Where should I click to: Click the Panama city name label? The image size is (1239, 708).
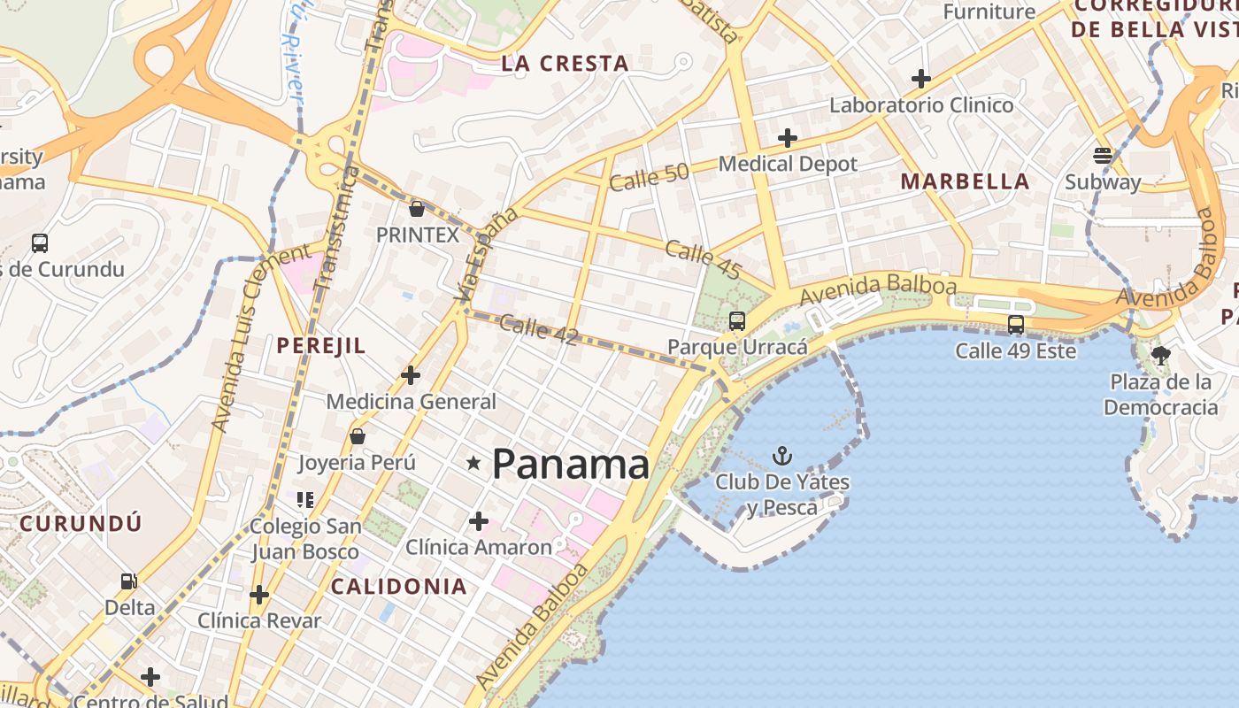tap(571, 464)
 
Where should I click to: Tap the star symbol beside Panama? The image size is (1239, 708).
tap(473, 462)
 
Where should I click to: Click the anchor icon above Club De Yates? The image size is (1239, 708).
tap(782, 456)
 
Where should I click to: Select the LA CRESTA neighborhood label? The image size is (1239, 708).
tap(565, 64)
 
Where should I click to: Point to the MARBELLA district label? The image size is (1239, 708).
tap(965, 181)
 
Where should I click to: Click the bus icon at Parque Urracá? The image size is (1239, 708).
tap(736, 321)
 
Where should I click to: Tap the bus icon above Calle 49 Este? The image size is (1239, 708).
tap(1015, 325)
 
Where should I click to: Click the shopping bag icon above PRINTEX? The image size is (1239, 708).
tap(417, 209)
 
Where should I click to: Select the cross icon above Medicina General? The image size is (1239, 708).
tap(411, 375)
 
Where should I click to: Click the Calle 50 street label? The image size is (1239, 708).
tap(649, 177)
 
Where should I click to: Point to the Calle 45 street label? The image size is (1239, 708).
tap(703, 256)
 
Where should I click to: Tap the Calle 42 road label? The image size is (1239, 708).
tap(538, 329)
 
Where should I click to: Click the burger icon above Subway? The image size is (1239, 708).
tap(1102, 156)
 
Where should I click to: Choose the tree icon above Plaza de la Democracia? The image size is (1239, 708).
tap(1161, 356)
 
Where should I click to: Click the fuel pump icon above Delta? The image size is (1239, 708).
tap(129, 581)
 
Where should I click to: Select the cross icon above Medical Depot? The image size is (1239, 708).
tap(787, 138)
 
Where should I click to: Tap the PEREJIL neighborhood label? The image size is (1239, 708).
tap(320, 346)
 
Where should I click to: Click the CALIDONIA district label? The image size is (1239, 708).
tap(399, 586)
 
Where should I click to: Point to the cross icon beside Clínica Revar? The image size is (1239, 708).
tap(258, 595)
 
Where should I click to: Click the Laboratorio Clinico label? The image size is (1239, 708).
tap(920, 105)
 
